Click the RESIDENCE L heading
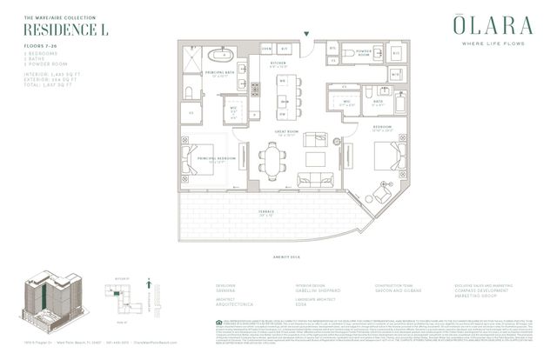[57, 29]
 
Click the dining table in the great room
[272, 158]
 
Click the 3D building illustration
[52, 300]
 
